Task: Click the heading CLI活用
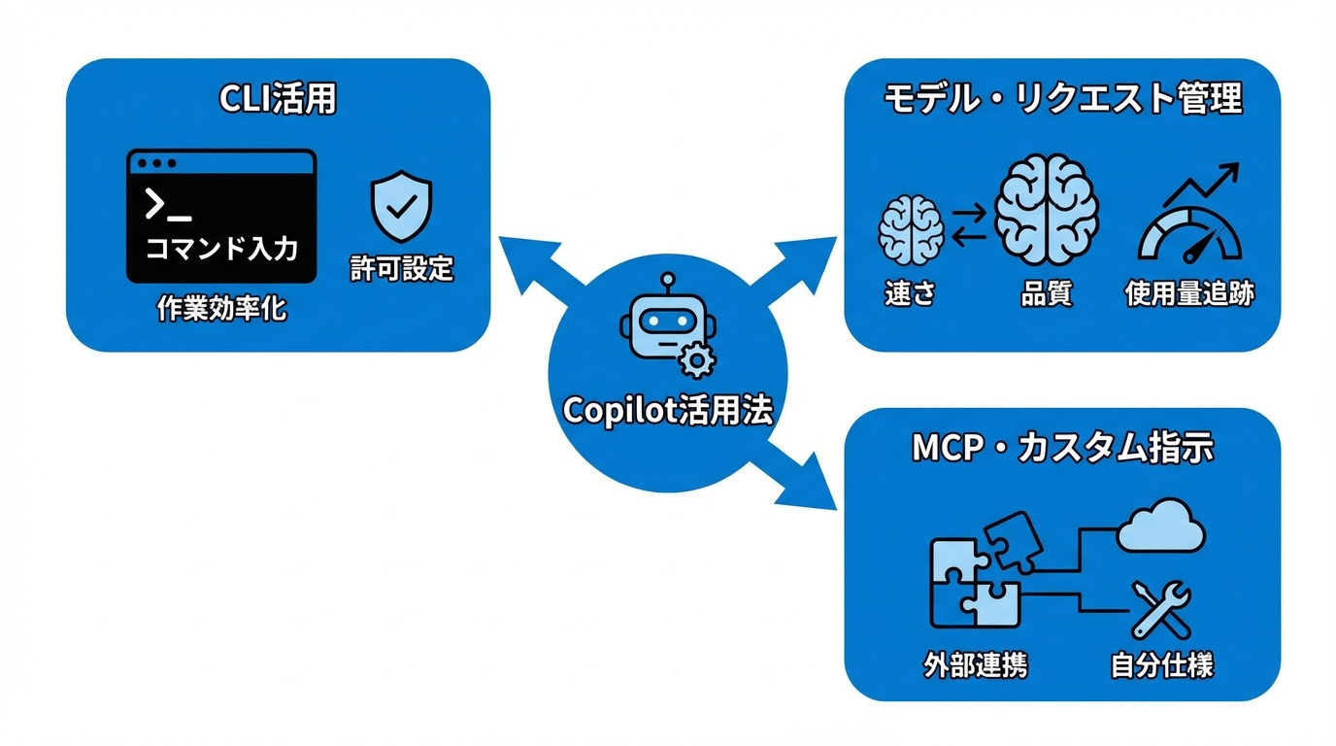tap(278, 100)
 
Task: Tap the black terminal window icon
tap(221, 216)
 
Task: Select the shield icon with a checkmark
tap(401, 208)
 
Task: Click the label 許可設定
tap(402, 269)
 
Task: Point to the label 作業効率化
tap(222, 310)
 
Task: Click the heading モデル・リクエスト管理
tap(1062, 99)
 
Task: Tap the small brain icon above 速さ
tap(911, 229)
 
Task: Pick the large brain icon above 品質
tap(1047, 212)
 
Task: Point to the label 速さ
tap(910, 293)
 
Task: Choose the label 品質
tap(1047, 293)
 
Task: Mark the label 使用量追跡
tap(1189, 293)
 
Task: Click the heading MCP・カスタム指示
tap(1062, 448)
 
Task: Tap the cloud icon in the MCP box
tap(1160, 527)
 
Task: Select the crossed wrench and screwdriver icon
tap(1161, 609)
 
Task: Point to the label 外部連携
tap(975, 666)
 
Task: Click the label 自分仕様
tap(1161, 666)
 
